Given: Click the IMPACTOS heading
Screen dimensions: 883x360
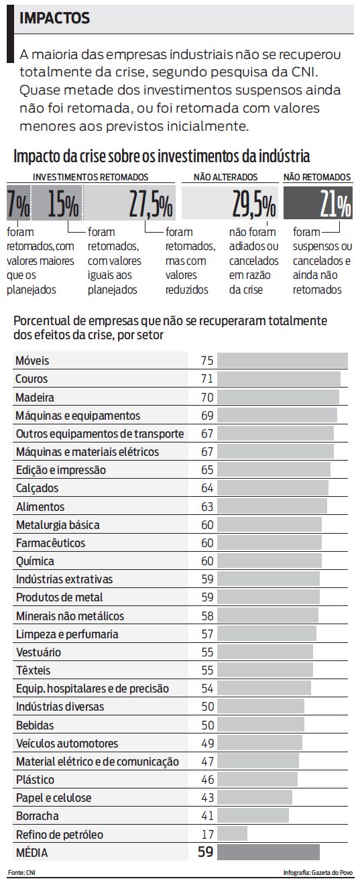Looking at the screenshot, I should pos(55,19).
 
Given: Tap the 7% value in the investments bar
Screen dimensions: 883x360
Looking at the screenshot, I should pos(18,205).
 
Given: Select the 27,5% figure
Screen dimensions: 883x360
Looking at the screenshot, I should pos(150,205).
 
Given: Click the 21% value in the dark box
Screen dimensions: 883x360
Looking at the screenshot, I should pos(335,205).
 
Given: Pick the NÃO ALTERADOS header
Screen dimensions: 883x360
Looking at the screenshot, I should pos(225,178).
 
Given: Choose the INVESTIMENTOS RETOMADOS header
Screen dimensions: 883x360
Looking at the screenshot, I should pos(91,178).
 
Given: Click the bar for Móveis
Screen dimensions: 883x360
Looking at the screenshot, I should pos(282,361).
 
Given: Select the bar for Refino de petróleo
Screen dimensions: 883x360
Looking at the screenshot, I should pos(232,835).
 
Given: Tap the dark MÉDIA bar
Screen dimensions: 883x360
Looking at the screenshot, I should pos(268,853).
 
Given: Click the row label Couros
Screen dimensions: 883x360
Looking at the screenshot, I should pos(32,379).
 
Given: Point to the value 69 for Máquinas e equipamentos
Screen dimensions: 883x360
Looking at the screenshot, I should pos(206,416).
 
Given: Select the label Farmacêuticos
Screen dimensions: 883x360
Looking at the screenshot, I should pos(50,543).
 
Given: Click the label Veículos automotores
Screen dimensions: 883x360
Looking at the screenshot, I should pos(67,744).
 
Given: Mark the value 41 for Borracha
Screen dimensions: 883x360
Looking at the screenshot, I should pos(206,817).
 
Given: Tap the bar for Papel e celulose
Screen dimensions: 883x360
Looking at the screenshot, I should pos(255,799).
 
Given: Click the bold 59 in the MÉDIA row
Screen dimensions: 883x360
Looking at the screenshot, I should pos(205,853).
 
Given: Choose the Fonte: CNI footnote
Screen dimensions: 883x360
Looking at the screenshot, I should pos(21,873).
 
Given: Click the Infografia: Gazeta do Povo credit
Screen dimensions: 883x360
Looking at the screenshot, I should pos(318,873).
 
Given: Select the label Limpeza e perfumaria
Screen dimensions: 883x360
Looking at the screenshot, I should pos(67,634).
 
